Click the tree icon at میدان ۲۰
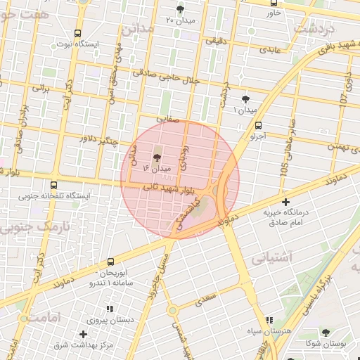(x=181, y=9)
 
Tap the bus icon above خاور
(x=273, y=3)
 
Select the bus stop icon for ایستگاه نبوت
(x=77, y=33)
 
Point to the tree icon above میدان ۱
(x=245, y=99)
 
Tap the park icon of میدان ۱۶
(x=157, y=156)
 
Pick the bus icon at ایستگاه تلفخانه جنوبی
(x=54, y=186)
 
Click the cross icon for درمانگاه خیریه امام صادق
(x=285, y=202)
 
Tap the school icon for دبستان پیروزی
(x=110, y=309)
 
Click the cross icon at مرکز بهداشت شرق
(x=84, y=333)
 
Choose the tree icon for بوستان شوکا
(x=324, y=333)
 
